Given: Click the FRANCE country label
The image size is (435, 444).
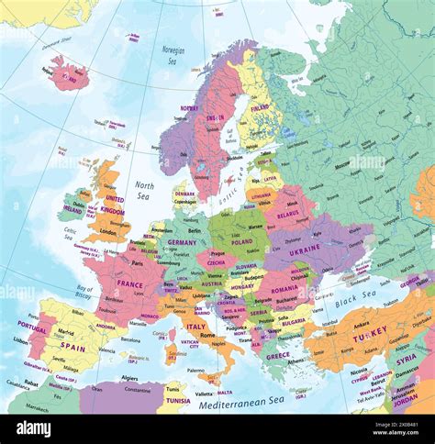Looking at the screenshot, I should pos(129,284).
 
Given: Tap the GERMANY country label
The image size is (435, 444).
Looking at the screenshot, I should pos(182,242).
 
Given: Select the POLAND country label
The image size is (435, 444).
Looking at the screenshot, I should pos(241,242).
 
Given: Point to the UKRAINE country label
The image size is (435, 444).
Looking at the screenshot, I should pos(306,250).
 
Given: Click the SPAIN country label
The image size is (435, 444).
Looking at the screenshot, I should pos(72,349).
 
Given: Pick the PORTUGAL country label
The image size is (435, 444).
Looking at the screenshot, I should pos(32,327).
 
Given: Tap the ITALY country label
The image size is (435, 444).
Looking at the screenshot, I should pos(195,327).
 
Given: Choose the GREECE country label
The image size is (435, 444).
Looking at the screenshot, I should pos(278,355).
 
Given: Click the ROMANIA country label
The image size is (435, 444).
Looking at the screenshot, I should pos(284,288).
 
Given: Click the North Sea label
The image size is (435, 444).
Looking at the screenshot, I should pos(144,190).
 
